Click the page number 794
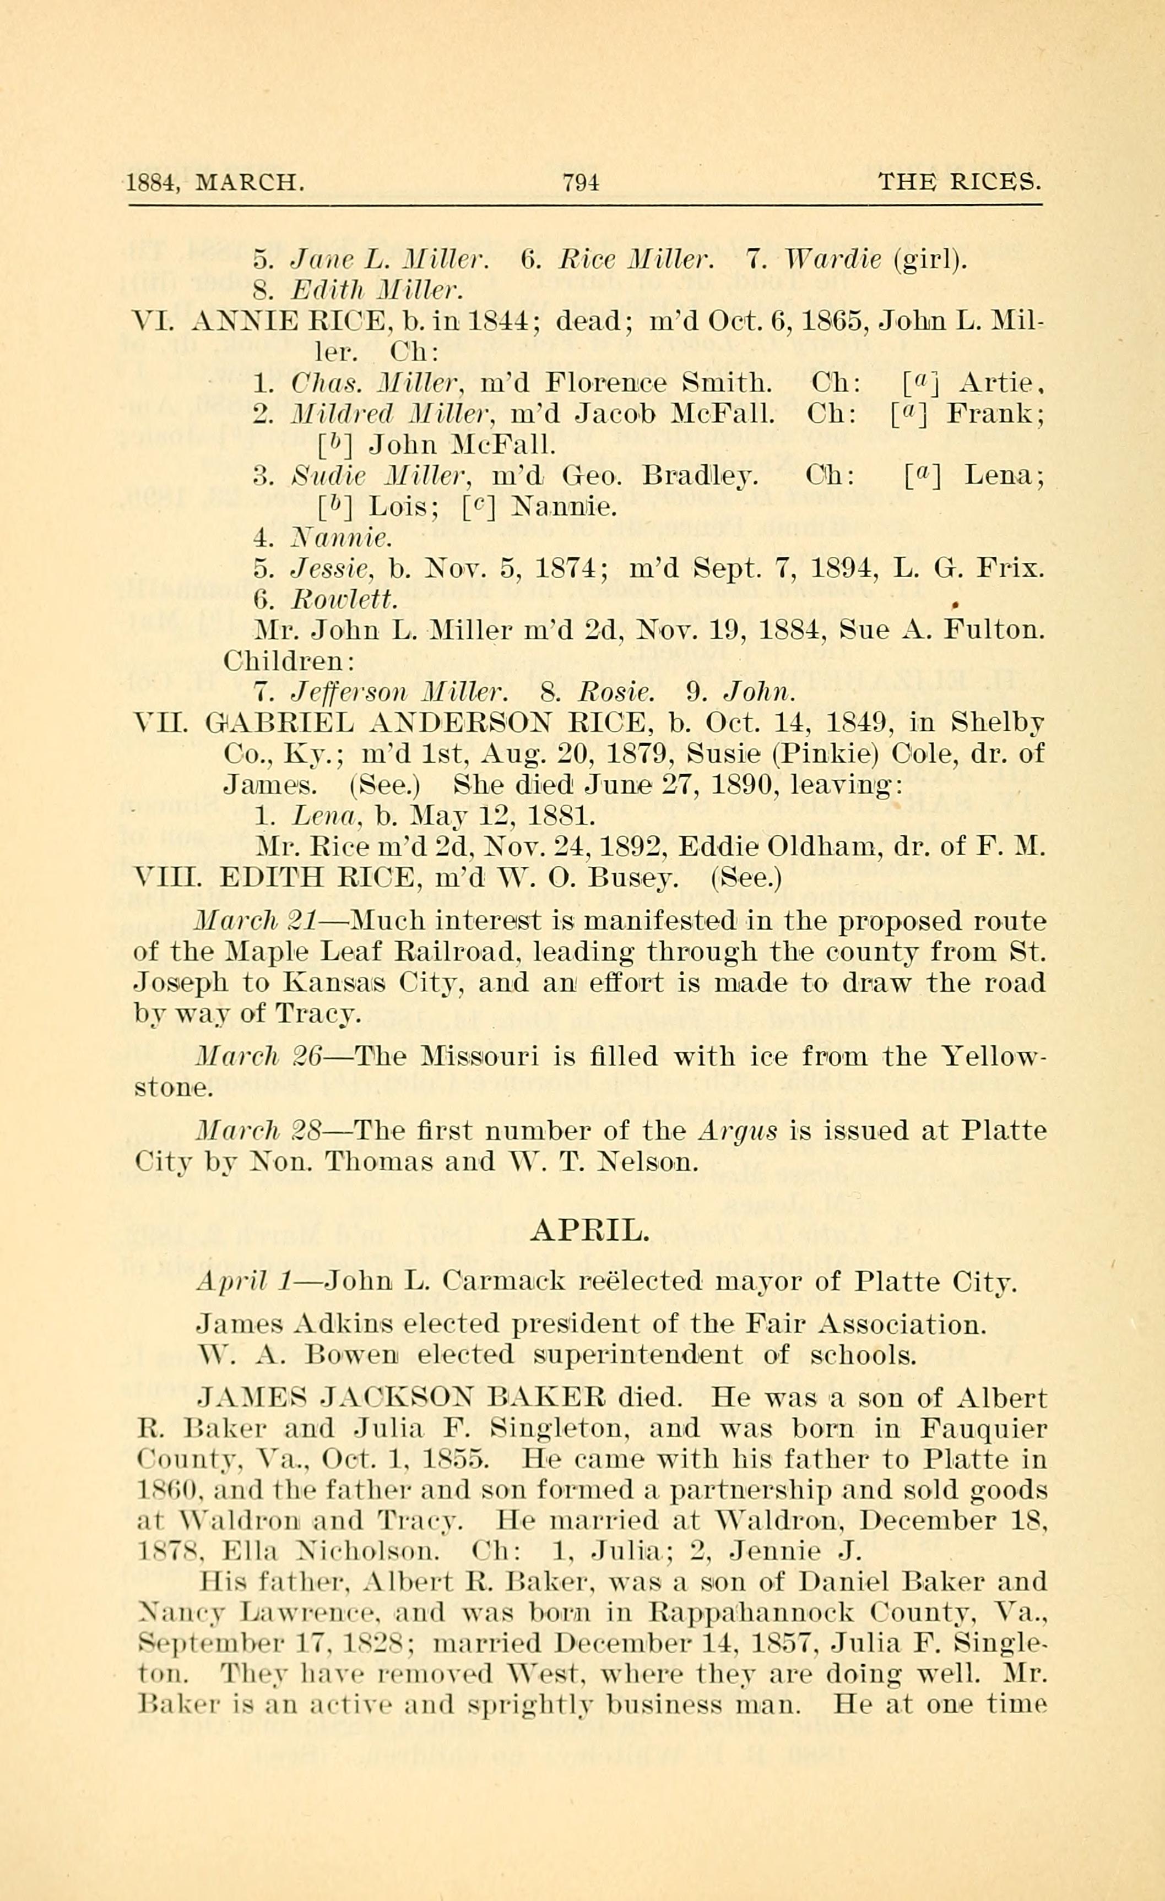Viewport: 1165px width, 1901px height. [581, 183]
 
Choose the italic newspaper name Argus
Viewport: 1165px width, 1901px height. [737, 1131]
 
